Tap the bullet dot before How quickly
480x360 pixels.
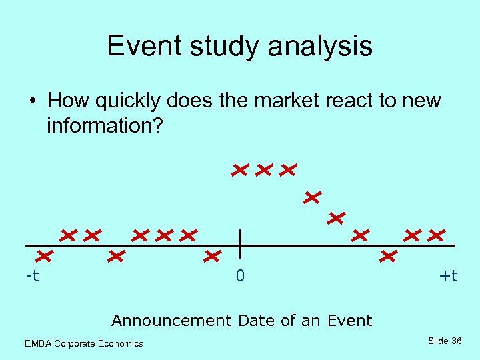pos(32,101)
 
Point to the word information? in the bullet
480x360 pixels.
pos(104,125)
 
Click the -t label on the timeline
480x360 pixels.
pos(32,275)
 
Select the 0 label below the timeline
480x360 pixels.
pos(240,275)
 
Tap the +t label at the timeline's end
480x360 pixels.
pos(449,275)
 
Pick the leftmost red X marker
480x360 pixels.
pos(45,255)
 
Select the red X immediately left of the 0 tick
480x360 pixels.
pos(212,255)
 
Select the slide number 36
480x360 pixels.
pos(457,341)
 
